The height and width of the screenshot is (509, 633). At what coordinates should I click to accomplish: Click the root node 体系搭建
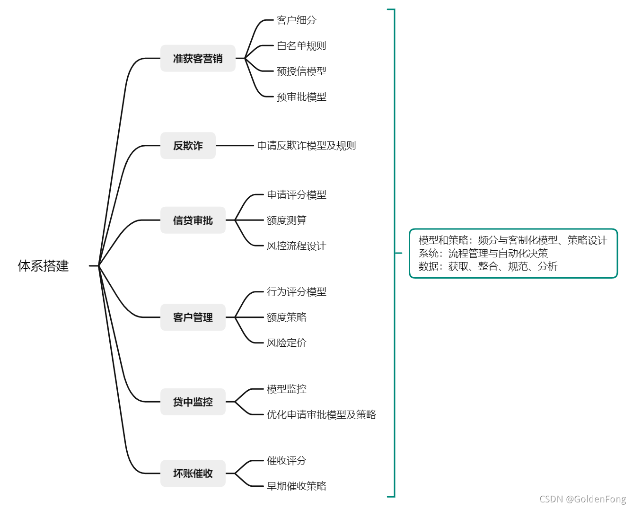pyautogui.click(x=43, y=266)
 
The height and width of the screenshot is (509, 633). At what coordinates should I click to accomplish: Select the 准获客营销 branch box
pyautogui.click(x=198, y=59)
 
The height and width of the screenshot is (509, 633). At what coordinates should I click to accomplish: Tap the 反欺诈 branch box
pyautogui.click(x=188, y=146)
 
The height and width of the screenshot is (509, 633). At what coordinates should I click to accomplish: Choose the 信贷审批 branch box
pyautogui.click(x=193, y=220)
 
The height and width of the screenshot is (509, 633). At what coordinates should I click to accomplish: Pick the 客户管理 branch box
pyautogui.click(x=193, y=317)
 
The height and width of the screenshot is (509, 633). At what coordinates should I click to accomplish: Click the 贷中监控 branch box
pyautogui.click(x=193, y=402)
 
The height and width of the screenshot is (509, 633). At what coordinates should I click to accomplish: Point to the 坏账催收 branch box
pyautogui.click(x=193, y=474)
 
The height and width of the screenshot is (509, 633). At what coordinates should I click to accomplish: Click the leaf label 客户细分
pyautogui.click(x=296, y=20)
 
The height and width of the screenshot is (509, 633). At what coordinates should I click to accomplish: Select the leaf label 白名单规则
pyautogui.click(x=301, y=46)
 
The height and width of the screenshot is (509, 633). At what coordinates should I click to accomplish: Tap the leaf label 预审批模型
pyautogui.click(x=301, y=97)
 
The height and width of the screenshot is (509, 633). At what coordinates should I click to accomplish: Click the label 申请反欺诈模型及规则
pyautogui.click(x=307, y=146)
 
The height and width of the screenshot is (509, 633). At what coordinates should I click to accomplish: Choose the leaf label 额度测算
pyautogui.click(x=287, y=220)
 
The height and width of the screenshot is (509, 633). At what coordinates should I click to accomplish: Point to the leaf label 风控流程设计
pyautogui.click(x=296, y=246)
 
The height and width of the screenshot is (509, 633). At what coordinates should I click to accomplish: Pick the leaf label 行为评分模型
pyautogui.click(x=296, y=292)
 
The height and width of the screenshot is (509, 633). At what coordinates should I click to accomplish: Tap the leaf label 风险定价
pyautogui.click(x=287, y=343)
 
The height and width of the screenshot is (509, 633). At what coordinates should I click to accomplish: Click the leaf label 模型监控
pyautogui.click(x=287, y=389)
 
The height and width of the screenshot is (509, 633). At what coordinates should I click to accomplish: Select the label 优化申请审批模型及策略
pyautogui.click(x=321, y=415)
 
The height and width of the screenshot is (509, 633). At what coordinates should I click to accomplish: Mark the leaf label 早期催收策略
pyautogui.click(x=296, y=486)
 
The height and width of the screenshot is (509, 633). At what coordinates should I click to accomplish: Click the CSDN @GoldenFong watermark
pyautogui.click(x=582, y=499)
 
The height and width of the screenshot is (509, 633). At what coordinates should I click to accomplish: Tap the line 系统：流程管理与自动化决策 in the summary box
pyautogui.click(x=483, y=254)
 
